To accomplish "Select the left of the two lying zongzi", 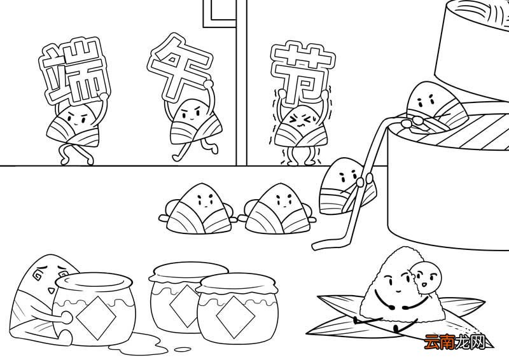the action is pyautogui.click(x=198, y=209).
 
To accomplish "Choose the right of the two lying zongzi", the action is pyautogui.click(x=277, y=209).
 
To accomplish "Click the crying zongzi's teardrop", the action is pyautogui.click(x=50, y=289).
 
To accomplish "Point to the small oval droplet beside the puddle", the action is pyautogui.click(x=183, y=350).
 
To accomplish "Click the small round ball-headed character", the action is pyautogui.click(x=428, y=275).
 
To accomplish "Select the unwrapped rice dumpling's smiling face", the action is pyautogui.click(x=395, y=279).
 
